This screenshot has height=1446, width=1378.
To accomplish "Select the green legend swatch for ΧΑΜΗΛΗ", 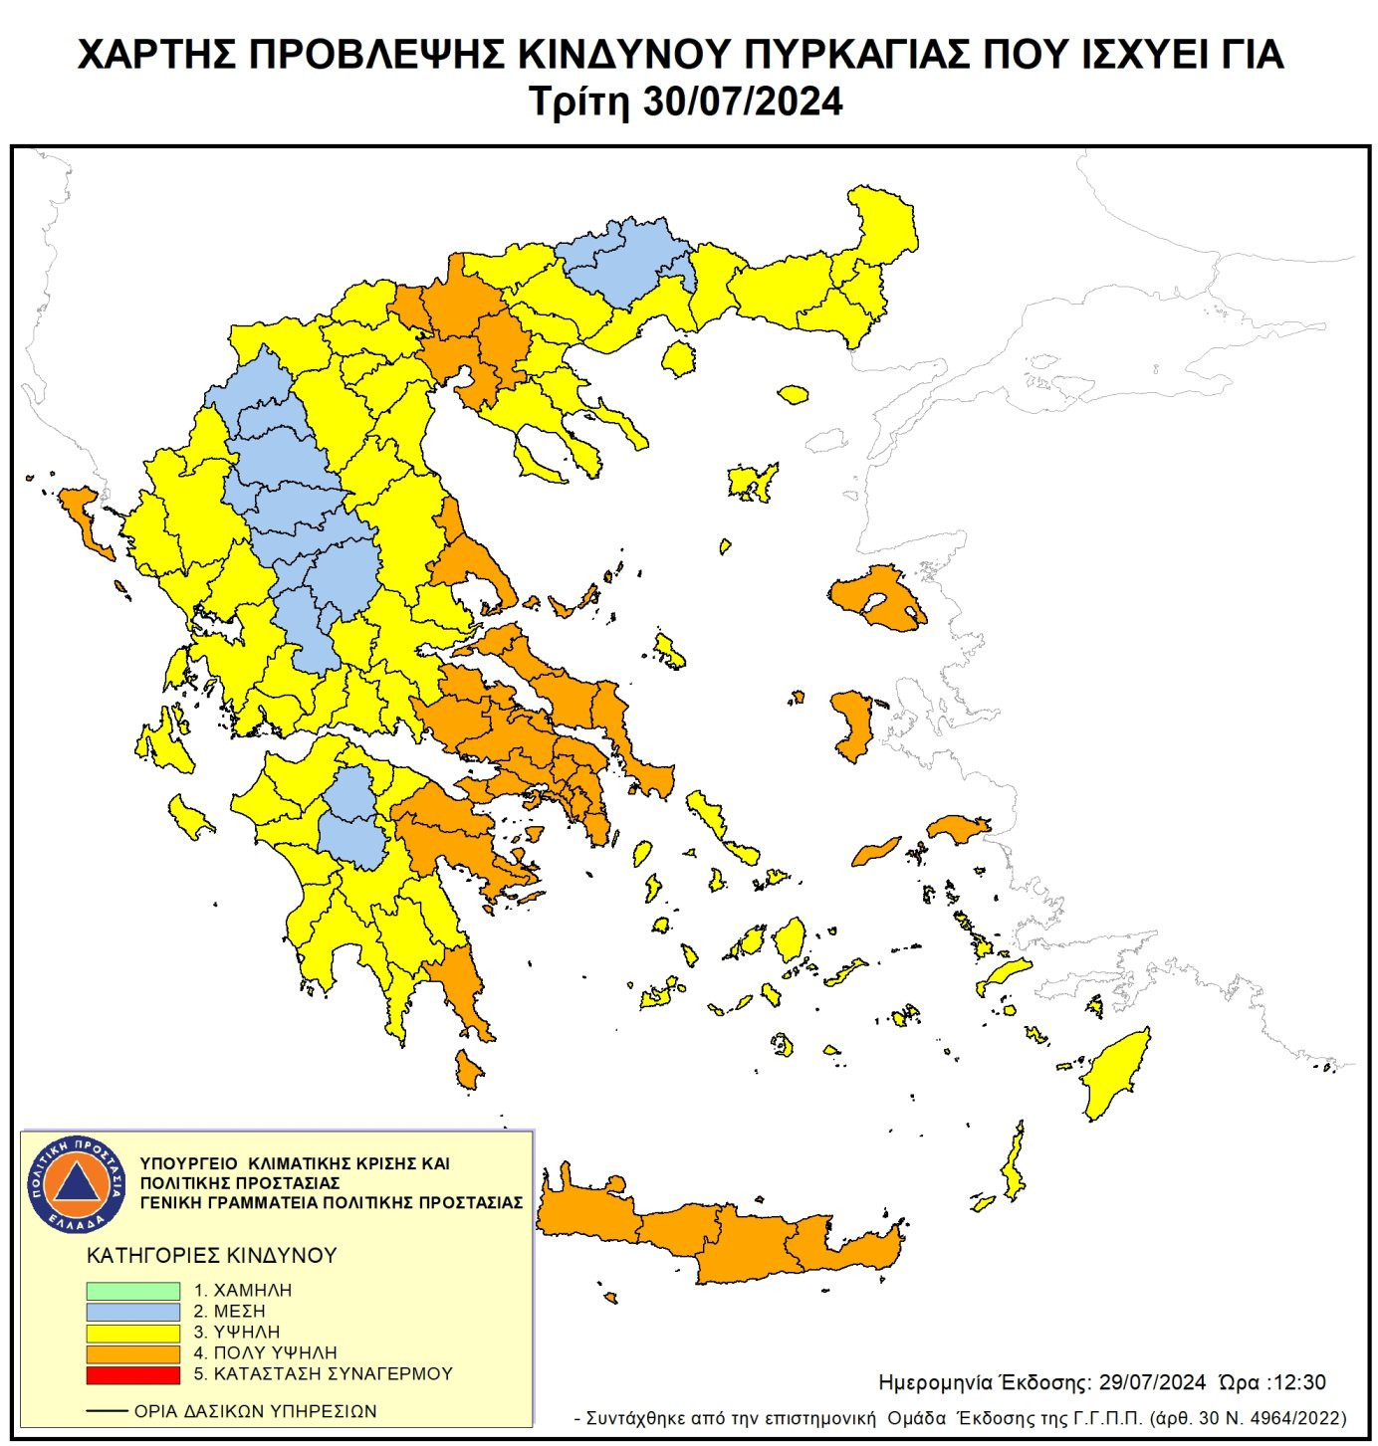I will pyautogui.click(x=132, y=1291).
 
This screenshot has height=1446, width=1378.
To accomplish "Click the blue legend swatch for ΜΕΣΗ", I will pyautogui.click(x=132, y=1312).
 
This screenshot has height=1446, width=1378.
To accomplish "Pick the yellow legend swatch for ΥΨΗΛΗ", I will pyautogui.click(x=132, y=1333).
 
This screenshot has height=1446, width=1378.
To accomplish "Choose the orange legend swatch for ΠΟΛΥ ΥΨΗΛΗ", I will pyautogui.click(x=132, y=1353).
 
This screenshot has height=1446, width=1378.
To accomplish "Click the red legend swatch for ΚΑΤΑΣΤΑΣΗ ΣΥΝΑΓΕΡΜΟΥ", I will pyautogui.click(x=132, y=1375).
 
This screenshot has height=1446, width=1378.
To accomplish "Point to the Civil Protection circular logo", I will pyautogui.click(x=77, y=1183).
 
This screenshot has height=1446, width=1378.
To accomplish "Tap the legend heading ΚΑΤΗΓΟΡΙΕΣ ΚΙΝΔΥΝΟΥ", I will pyautogui.click(x=212, y=1256).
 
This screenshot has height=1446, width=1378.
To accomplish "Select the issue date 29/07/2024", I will pyautogui.click(x=1152, y=1382).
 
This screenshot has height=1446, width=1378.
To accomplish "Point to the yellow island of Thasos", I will pyautogui.click(x=678, y=357).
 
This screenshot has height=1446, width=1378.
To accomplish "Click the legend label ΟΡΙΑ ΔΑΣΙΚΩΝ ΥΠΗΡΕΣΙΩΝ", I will pyautogui.click(x=255, y=1411).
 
